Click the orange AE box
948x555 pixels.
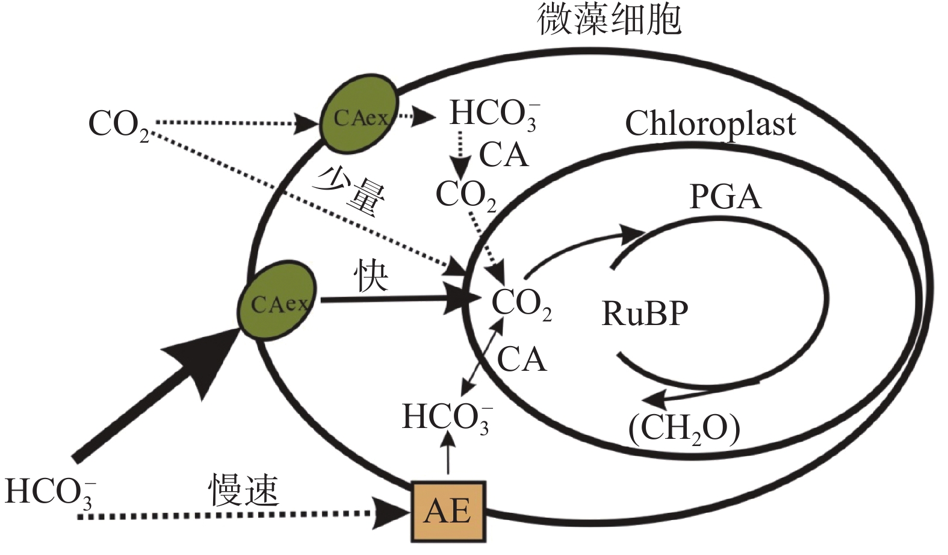click(448, 512)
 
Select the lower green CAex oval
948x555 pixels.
click(277, 301)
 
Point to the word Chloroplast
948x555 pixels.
click(711, 123)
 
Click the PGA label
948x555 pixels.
click(725, 196)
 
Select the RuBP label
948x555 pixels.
click(645, 314)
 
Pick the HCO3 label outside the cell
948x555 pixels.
click(51, 494)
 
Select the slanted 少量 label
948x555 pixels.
click(349, 192)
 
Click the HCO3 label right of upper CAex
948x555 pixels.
click(495, 114)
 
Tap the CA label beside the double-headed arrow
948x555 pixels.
click(521, 359)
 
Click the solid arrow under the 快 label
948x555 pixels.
click(401, 300)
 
